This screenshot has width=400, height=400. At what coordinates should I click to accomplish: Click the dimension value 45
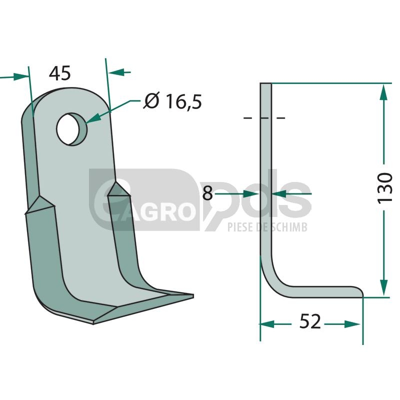click(x=59, y=73)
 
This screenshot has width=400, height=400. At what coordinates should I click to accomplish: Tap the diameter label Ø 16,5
click(x=172, y=101)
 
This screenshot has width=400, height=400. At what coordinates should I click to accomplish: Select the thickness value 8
click(x=207, y=193)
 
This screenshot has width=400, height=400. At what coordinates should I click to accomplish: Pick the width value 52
click(x=310, y=321)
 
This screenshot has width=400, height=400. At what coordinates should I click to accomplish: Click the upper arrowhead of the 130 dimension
click(x=383, y=92)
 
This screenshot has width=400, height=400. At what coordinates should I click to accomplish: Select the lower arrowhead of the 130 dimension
click(x=383, y=288)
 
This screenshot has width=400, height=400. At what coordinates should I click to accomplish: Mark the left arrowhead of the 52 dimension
click(x=267, y=324)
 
